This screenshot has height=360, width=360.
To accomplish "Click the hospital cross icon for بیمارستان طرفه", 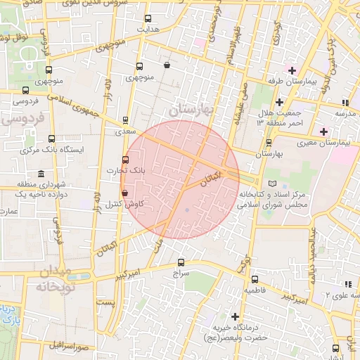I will pos(292,70).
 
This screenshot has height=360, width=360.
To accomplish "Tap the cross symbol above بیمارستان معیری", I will pos(323,131).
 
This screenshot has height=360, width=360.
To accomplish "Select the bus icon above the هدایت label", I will pos(148,19).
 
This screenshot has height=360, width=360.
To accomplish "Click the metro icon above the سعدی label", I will pos(125,120).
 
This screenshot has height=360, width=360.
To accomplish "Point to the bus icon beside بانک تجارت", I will pos(126,160).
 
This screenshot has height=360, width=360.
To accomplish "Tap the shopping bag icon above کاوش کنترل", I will pos(124,193).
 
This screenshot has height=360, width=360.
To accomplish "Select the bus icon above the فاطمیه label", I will pos(254,279).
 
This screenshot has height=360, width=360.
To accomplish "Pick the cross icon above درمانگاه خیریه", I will pos(235,316).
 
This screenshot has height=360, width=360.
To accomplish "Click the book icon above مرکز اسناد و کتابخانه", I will pos(262,183).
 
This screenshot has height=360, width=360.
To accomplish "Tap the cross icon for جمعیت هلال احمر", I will pos(279,102).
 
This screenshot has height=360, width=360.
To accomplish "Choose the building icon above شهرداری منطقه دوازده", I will pos(40,174).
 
